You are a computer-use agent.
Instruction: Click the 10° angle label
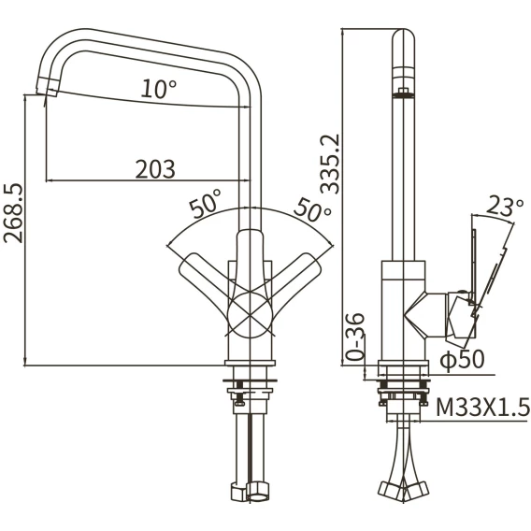coord(159,89)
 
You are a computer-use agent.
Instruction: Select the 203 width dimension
coord(155,169)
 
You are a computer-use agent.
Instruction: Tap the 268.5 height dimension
coord(13,214)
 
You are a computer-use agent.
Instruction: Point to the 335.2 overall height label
coord(330,164)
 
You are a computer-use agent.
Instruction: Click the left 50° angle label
coord(206,204)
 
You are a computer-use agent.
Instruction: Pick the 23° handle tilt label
coord(505,207)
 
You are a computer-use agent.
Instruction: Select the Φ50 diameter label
coord(462,359)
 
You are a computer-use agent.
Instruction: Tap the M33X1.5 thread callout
coord(482,407)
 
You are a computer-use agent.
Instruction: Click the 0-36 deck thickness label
coord(355,337)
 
